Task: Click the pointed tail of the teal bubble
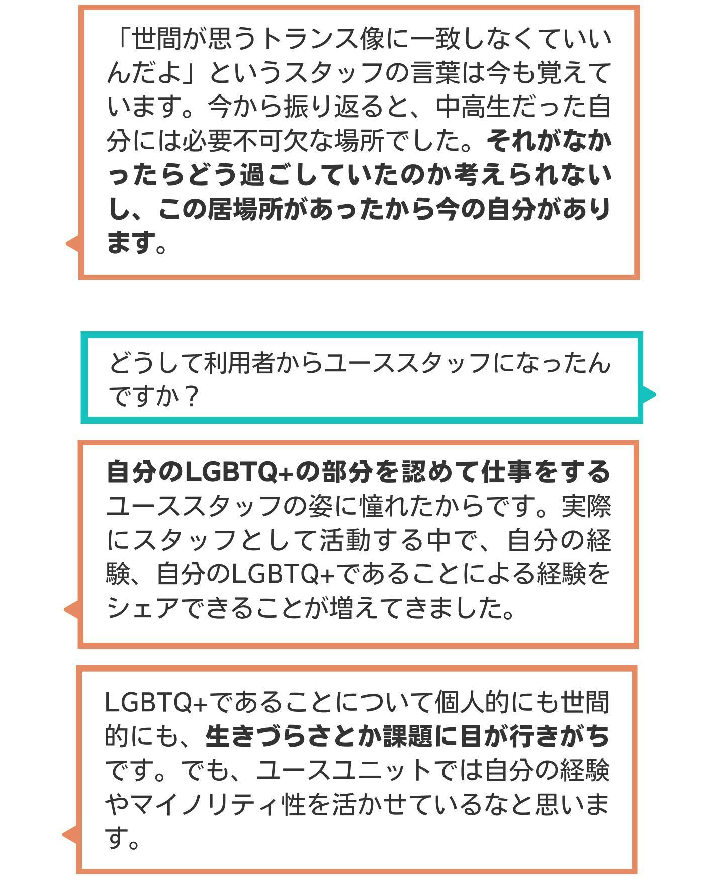pos(654,394)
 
